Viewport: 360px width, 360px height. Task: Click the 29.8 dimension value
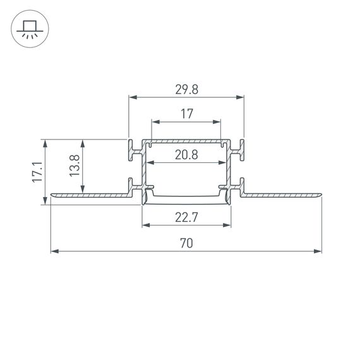click(x=186, y=90)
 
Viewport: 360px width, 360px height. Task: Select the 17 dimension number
click(x=186, y=114)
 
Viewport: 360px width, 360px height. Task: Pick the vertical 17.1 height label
click(x=37, y=172)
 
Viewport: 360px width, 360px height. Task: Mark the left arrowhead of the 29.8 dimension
click(x=131, y=97)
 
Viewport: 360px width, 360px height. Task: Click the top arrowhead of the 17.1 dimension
click(x=45, y=142)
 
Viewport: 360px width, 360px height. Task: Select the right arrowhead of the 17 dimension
click(x=219, y=121)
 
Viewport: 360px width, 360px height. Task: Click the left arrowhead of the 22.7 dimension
click(x=145, y=225)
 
